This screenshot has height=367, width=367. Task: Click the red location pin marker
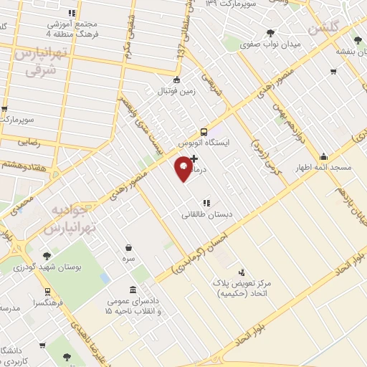point(183,168)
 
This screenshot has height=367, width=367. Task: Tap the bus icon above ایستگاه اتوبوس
point(205,132)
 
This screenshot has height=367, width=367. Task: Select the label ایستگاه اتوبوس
point(205,143)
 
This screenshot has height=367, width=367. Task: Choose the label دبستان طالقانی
point(205,214)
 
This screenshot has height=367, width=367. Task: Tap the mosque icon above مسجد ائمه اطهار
point(324,157)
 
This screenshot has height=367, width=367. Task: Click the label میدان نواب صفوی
point(271,44)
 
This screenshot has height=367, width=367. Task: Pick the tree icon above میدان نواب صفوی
point(271,33)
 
